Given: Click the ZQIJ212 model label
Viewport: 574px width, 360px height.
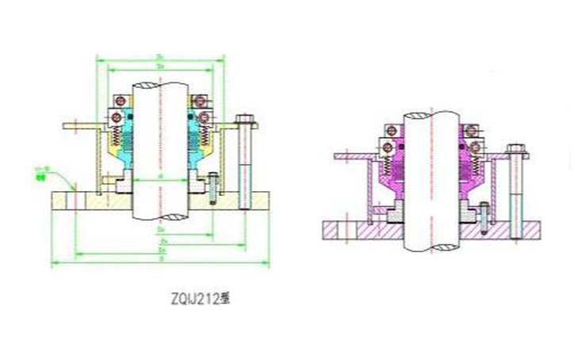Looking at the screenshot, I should (198, 299).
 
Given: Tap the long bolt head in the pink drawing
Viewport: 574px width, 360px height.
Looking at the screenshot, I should (515, 147).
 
